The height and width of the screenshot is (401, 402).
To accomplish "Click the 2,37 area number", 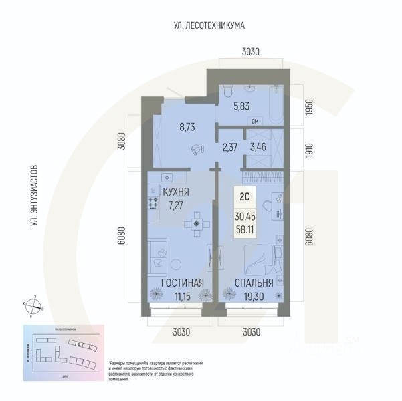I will coord(230,148).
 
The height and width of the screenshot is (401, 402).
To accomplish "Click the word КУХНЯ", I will coord(175,192).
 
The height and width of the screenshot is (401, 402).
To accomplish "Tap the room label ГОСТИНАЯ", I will coord(175,283).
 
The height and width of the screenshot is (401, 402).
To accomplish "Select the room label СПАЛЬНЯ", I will coord(253,283).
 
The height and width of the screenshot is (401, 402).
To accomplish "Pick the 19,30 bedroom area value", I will coord(252,297).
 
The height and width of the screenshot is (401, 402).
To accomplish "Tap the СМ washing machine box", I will coord(255,121).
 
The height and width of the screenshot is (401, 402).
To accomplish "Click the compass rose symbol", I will coord(34,306).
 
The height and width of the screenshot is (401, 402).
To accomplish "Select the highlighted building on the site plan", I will coord(80,344).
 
